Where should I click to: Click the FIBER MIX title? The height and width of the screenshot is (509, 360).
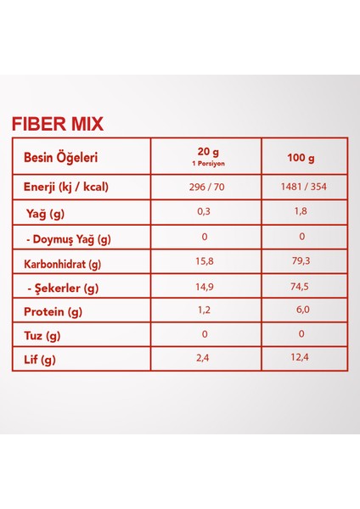coord(58,124)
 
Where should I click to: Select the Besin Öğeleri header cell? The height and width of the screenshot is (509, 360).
coord(60,157)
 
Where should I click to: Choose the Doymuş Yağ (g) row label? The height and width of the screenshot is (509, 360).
coord(69,239)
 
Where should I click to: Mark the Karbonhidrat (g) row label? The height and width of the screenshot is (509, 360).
coord(62,264)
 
